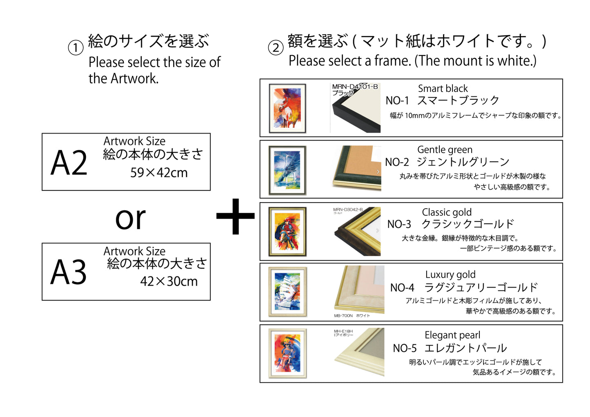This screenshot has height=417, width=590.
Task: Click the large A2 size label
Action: [69, 163]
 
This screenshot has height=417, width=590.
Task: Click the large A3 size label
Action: [69, 272]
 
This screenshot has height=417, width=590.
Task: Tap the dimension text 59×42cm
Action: [159, 173]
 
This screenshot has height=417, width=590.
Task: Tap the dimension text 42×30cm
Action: [169, 281]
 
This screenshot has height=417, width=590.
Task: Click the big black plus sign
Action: [235, 216]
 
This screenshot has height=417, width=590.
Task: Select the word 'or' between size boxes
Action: [130, 218]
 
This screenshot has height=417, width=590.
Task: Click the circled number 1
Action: [76, 48]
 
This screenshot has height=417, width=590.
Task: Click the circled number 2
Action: [276, 48]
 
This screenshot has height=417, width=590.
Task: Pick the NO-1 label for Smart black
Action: [397, 100]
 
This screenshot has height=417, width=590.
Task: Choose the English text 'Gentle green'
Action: [445, 150]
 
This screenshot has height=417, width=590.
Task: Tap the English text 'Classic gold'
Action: [446, 212]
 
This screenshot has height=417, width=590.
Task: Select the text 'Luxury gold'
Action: [450, 274]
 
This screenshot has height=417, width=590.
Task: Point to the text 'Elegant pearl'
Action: [452, 335]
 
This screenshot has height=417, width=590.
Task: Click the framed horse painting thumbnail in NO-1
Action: [287, 108]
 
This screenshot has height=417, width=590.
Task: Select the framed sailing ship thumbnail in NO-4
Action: [287, 292]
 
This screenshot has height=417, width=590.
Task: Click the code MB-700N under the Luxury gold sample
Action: [343, 316]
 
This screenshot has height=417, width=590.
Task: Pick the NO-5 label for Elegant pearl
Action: [404, 348]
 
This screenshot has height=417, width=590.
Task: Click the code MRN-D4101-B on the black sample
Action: [354, 87]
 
